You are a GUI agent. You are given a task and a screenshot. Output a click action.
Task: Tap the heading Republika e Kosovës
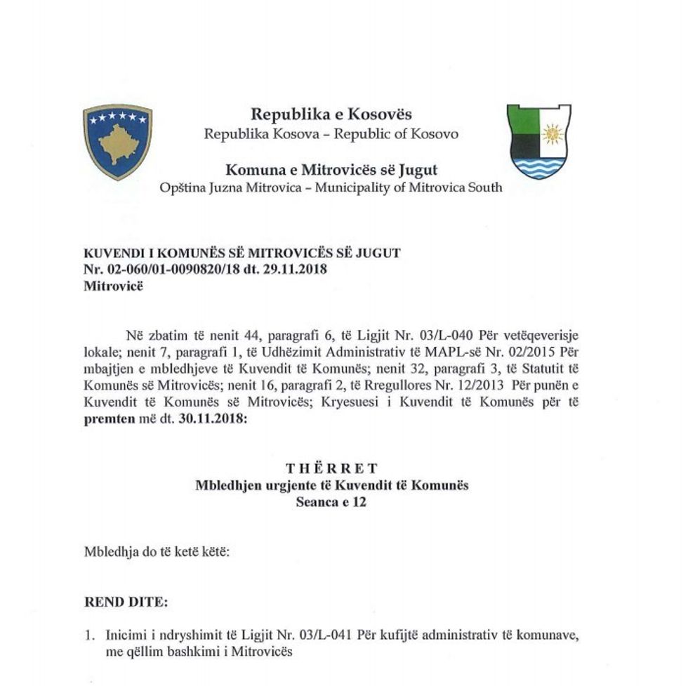(331, 114)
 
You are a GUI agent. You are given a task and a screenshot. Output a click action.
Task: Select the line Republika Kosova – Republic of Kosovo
(331, 133)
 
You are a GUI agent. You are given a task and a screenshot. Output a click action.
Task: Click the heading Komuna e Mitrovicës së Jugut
(331, 170)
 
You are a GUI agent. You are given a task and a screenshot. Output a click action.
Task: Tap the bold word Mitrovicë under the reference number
(112, 285)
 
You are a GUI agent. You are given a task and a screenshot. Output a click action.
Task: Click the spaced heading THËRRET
(331, 469)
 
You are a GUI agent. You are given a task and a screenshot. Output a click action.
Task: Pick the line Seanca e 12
(331, 502)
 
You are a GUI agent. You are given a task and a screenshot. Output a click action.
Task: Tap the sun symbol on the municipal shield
(553, 133)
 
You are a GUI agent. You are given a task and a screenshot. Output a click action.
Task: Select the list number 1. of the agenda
(89, 635)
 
